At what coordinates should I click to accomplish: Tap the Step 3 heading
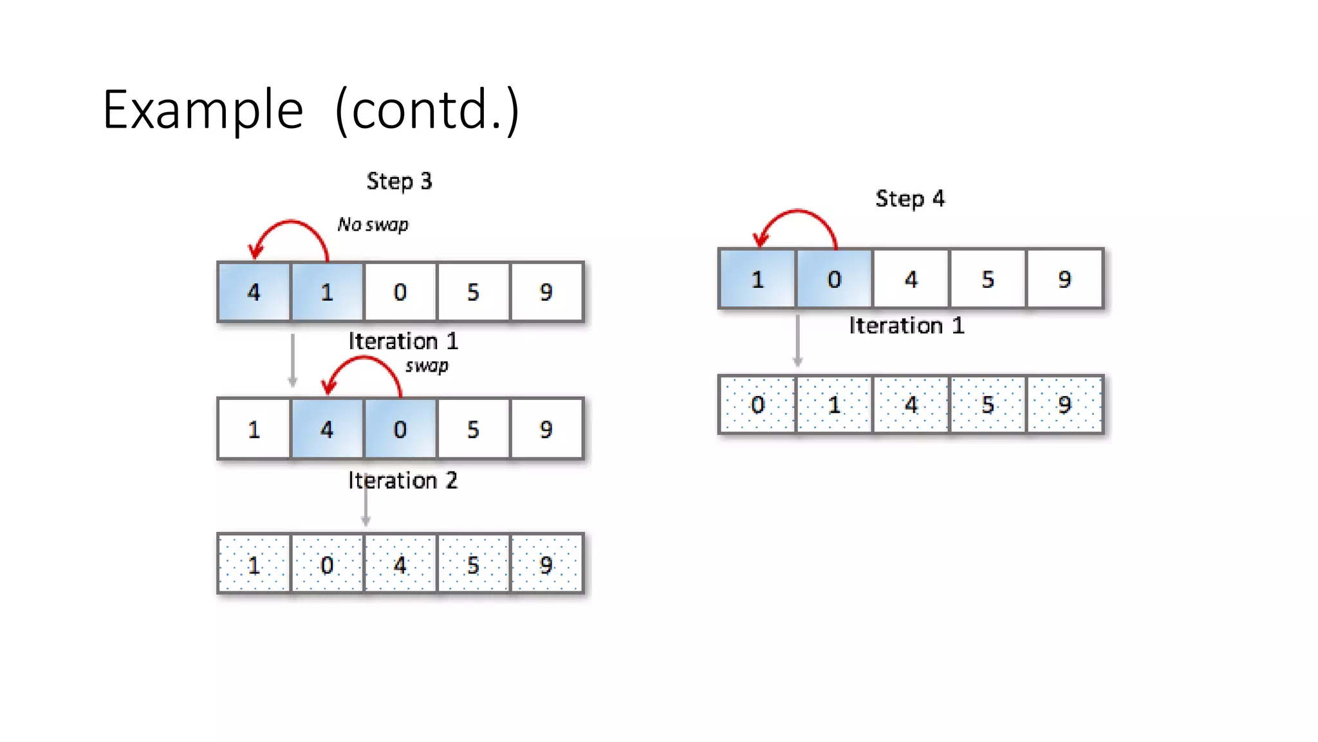[399, 182]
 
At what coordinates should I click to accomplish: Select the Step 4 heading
[909, 199]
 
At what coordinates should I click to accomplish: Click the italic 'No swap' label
[373, 225]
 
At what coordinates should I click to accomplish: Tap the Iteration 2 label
[403, 480]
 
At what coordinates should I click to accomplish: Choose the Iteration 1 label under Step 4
[906, 326]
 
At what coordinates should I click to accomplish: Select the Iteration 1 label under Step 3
[403, 341]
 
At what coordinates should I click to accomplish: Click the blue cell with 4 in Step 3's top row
[254, 292]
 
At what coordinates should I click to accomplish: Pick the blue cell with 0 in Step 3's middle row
[400, 429]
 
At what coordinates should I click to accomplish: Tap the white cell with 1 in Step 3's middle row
[254, 429]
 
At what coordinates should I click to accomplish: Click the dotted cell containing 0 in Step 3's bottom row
[327, 565]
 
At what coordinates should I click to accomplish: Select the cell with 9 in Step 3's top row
[546, 292]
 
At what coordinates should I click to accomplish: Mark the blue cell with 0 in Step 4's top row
[834, 279]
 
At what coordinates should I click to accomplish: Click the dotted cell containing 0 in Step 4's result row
[757, 404]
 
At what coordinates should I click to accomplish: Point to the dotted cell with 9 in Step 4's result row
[1064, 404]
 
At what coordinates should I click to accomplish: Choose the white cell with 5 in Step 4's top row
[988, 279]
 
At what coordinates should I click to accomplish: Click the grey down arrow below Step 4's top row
[798, 341]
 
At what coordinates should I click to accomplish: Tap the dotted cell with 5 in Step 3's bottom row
[473, 565]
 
